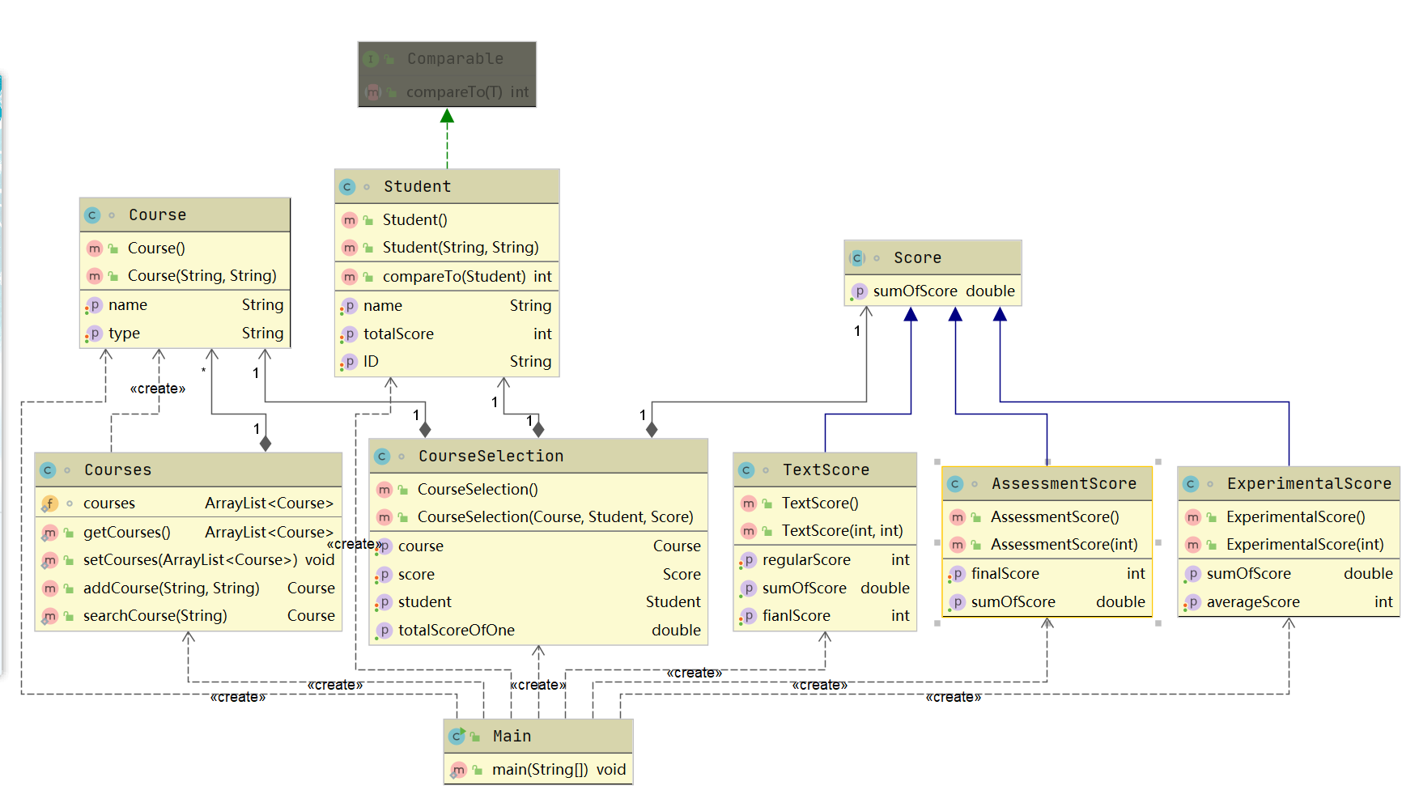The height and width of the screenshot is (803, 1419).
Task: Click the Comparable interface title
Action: coord(455,58)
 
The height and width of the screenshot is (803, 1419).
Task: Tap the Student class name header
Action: coord(417,186)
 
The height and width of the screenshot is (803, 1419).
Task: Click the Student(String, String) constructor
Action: coord(460,247)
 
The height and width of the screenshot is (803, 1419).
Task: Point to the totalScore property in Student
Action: coord(398,334)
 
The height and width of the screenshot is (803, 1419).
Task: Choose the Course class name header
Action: coord(157,215)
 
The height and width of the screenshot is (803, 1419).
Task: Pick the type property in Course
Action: coord(124,333)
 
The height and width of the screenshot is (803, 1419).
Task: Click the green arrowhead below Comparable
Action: coord(447,116)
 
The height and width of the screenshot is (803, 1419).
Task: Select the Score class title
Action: coord(917,257)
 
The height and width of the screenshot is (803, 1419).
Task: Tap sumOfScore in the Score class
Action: coord(915,291)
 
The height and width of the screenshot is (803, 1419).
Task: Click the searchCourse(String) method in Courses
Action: coord(155,615)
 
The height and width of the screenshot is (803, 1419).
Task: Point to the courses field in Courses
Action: coord(109,503)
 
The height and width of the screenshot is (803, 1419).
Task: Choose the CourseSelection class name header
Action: coord(491,456)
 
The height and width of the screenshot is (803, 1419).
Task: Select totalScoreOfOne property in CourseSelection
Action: coord(456,630)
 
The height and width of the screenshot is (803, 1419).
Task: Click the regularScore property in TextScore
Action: coord(806,559)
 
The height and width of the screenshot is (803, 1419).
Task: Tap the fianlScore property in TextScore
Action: coord(796,615)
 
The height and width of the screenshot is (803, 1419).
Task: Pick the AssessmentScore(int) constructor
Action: coord(1064,544)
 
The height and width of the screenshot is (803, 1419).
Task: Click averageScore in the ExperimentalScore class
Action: coord(1252,601)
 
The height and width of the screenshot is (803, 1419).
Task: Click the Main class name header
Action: coord(512,736)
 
